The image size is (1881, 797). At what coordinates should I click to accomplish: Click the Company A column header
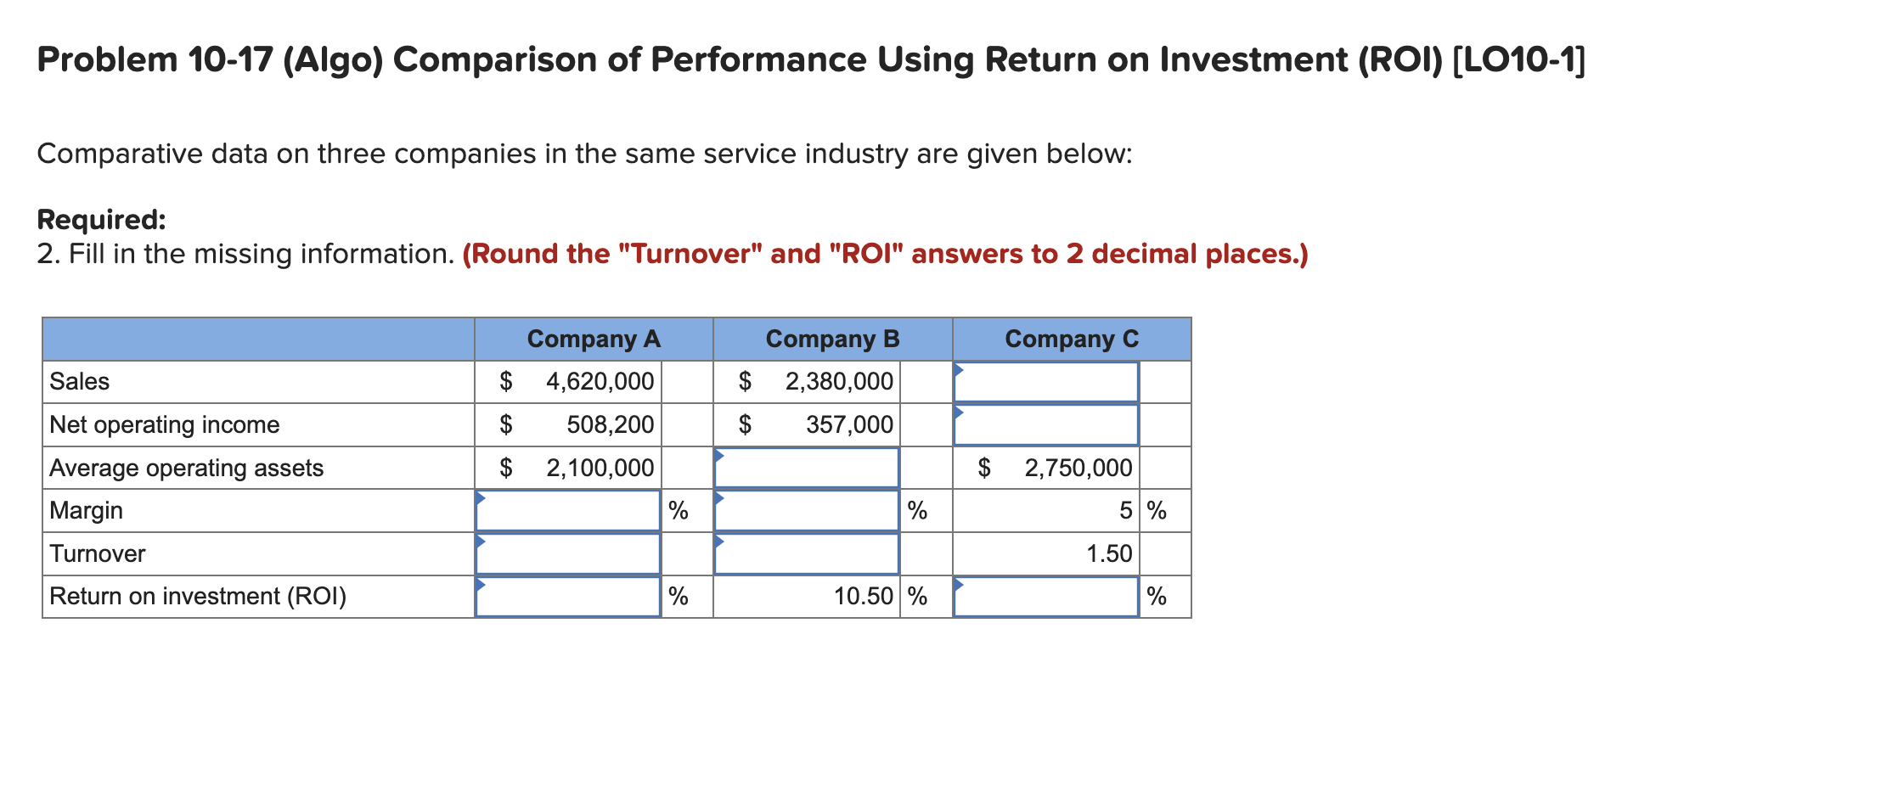click(x=593, y=339)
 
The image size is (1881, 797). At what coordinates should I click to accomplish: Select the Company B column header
click(x=832, y=339)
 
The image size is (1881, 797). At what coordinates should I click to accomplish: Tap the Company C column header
click(x=1072, y=339)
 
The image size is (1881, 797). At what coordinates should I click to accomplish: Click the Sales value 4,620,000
click(x=600, y=381)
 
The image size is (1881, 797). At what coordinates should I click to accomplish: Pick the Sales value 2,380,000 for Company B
click(x=839, y=381)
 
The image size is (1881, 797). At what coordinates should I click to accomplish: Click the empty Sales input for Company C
click(x=1045, y=382)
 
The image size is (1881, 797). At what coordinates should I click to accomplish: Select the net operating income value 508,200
click(x=610, y=424)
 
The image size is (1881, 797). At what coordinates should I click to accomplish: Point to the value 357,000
click(x=849, y=424)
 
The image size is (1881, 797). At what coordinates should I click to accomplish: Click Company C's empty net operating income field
click(x=1045, y=424)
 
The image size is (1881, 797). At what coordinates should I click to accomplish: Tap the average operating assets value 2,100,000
click(x=600, y=468)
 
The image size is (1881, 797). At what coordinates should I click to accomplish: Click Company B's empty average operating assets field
click(x=807, y=468)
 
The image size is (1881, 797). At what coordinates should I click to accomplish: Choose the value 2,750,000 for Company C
click(x=1078, y=468)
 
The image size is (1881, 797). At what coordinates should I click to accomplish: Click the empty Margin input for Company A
click(x=567, y=511)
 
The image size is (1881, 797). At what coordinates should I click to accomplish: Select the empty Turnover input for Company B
click(x=807, y=553)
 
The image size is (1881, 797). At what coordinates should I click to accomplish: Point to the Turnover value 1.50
click(x=1109, y=553)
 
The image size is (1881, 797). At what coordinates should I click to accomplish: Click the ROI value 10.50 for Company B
click(x=863, y=596)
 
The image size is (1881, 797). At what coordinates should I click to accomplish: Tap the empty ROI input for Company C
click(x=1045, y=597)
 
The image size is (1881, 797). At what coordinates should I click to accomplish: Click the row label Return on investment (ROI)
click(x=198, y=596)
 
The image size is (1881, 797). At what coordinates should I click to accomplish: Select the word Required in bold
click(x=101, y=220)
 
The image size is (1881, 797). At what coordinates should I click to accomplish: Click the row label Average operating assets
click(x=186, y=468)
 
